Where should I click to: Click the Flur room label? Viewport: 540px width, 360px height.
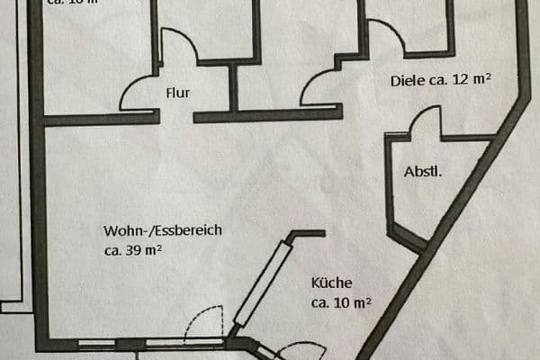pos(177,92)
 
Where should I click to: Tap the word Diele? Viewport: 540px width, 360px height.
pos(405,80)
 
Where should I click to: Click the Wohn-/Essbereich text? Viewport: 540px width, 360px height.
pos(162,230)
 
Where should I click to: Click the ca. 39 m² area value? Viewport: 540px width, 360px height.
pos(133,251)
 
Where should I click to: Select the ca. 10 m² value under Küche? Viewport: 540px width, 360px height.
pos(342,302)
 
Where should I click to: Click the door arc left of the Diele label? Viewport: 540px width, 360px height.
pos(315,85)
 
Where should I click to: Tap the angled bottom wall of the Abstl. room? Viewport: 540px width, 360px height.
pos(409,239)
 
